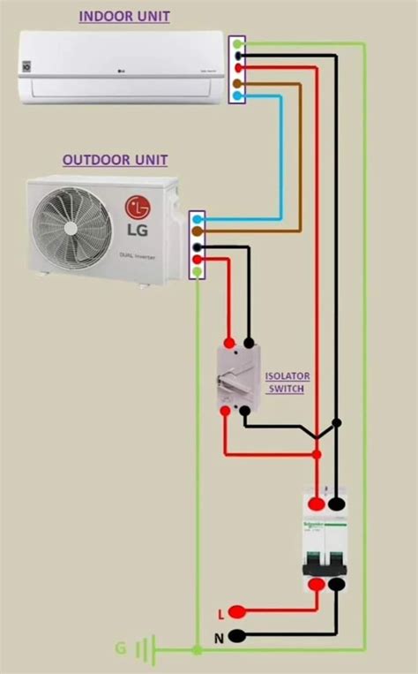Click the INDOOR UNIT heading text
(x=124, y=17)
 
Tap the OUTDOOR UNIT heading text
(x=115, y=161)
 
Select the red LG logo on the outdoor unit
(x=138, y=208)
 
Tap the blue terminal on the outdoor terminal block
(x=199, y=217)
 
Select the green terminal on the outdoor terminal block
(x=199, y=272)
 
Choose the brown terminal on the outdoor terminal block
(x=199, y=231)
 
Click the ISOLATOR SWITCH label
(x=287, y=382)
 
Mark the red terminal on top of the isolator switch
(x=229, y=342)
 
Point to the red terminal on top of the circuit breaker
(x=314, y=504)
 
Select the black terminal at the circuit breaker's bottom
(x=335, y=584)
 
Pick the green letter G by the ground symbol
(x=120, y=648)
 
